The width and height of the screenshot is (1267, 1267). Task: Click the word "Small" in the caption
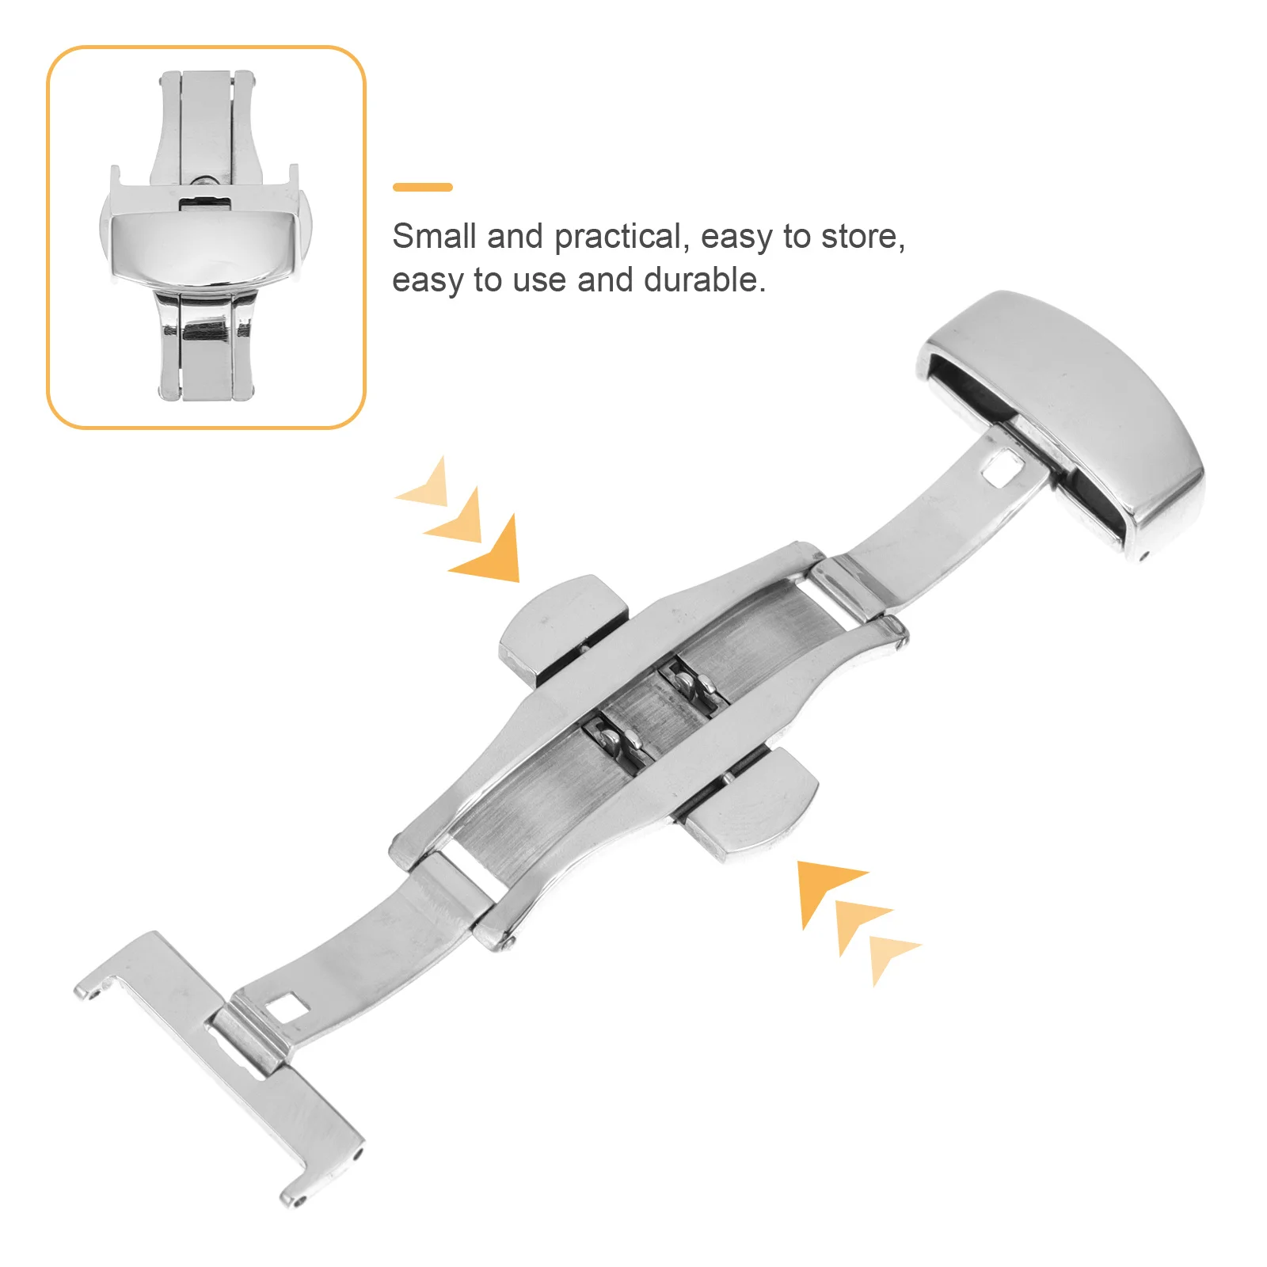pos(434,236)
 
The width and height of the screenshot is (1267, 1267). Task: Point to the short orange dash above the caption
pos(423,188)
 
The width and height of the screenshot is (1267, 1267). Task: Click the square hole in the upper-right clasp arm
pos(999,468)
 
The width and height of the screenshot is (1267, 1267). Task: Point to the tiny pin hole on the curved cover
pos(1143,555)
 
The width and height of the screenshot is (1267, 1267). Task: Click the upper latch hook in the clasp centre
pos(687,681)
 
